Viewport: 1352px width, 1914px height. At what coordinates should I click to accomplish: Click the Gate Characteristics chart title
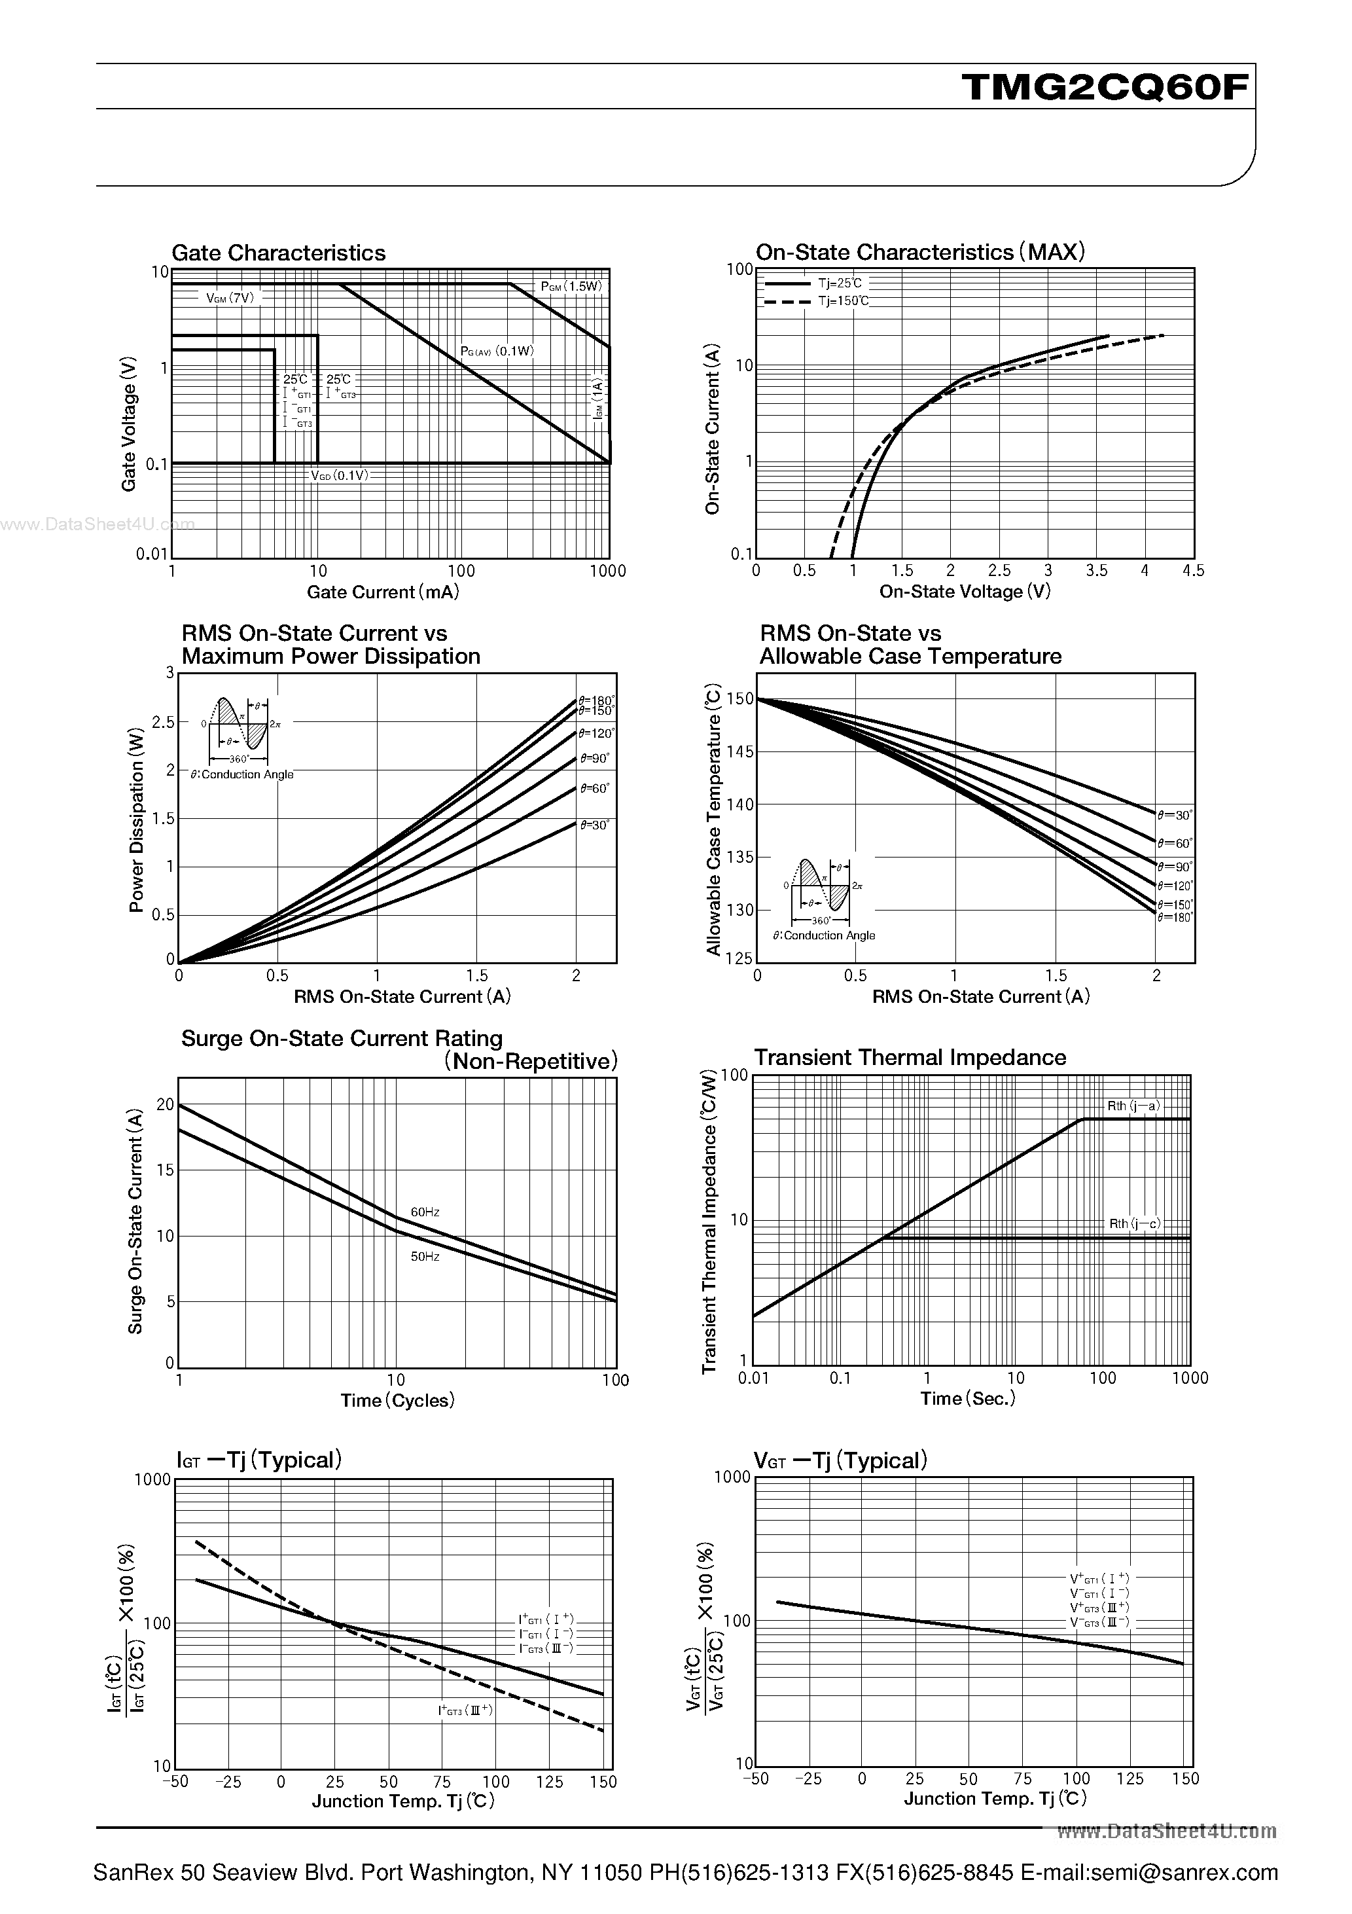point(278,253)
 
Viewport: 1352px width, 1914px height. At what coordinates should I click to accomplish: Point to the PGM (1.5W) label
point(571,286)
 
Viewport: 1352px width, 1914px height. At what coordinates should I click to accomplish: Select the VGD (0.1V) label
point(339,475)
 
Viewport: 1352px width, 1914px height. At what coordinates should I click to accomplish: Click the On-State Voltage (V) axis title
point(965,592)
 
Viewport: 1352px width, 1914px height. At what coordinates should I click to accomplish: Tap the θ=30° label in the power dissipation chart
point(594,825)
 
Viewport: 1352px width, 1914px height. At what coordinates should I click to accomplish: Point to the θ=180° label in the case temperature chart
point(1175,917)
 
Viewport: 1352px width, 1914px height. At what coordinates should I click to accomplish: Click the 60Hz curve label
point(425,1212)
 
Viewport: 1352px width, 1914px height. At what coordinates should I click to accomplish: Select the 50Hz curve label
point(425,1256)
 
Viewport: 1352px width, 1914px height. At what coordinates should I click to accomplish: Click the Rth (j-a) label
point(1133,1106)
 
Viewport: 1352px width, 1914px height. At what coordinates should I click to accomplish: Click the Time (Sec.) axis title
point(968,1399)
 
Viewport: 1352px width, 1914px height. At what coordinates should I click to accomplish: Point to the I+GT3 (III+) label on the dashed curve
point(466,1710)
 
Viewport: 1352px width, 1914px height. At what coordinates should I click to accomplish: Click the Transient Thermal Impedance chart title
point(910,1057)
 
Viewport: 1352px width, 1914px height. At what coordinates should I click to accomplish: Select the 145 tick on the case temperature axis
point(740,752)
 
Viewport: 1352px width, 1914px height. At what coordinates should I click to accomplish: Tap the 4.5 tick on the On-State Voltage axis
point(1193,571)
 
